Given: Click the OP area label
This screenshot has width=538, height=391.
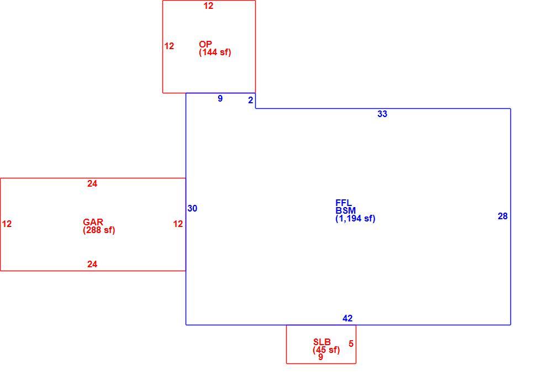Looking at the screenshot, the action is click(205, 44).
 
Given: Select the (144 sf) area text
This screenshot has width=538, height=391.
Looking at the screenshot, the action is click(215, 52).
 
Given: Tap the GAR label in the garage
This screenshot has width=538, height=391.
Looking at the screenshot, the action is click(93, 222).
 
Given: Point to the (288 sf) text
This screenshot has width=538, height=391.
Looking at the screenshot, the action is click(99, 230).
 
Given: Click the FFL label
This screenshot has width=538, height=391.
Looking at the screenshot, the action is click(344, 203).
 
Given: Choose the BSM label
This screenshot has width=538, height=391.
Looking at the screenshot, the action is click(346, 210).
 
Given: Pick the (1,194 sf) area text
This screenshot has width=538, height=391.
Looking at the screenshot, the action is click(356, 219).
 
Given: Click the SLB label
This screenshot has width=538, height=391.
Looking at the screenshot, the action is click(322, 342).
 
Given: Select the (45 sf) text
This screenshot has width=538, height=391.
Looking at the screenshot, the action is click(326, 350).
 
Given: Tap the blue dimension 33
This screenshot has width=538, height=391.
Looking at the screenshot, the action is click(382, 114).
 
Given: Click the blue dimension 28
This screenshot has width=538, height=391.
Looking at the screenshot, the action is click(503, 216).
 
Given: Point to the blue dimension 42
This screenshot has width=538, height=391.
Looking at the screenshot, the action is click(347, 318).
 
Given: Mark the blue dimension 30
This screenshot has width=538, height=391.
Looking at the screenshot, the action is click(192, 208).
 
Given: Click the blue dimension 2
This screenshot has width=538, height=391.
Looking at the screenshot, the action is click(250, 100).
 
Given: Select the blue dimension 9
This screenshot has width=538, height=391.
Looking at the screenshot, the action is click(220, 98).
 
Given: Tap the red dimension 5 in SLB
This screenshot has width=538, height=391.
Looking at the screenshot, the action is click(351, 344).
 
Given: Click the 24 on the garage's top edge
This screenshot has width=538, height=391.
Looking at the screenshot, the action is click(92, 183).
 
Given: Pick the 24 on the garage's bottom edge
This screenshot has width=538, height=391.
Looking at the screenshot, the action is click(92, 264).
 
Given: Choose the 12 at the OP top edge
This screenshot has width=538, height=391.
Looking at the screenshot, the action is click(208, 6).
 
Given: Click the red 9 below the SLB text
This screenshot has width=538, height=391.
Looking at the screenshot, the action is click(320, 357).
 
